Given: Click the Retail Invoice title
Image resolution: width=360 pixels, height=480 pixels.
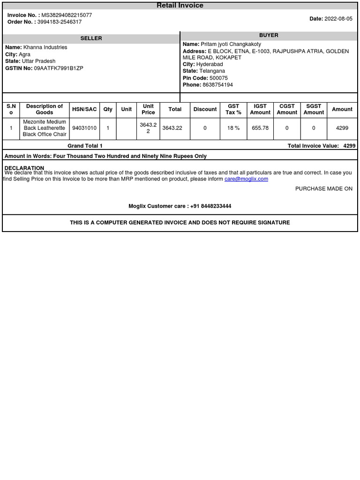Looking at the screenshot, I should click(180, 6).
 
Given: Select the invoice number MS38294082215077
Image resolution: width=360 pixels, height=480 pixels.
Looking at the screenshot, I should click(67, 15).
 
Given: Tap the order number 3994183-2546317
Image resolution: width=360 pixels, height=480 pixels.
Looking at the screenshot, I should click(60, 22).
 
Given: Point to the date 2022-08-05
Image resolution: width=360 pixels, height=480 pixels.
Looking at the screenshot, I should click(338, 19).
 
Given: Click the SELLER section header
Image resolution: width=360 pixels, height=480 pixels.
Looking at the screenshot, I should click(91, 38).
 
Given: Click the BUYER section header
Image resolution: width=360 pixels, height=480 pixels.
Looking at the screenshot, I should click(269, 36).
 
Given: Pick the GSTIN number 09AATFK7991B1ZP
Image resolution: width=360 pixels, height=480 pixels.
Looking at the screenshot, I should click(59, 68).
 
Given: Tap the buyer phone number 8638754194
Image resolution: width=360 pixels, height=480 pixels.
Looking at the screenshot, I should click(217, 85).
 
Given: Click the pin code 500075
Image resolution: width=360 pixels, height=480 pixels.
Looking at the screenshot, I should click(218, 78).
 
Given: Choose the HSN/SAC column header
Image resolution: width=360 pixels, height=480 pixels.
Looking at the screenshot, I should click(84, 109).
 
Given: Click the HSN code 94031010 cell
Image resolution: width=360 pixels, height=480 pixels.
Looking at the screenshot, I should click(84, 128).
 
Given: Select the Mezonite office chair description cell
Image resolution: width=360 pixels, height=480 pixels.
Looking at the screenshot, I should click(45, 128).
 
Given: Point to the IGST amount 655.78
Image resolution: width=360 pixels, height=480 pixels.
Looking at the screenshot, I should click(260, 128).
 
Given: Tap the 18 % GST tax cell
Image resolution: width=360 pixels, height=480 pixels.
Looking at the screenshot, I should click(233, 128).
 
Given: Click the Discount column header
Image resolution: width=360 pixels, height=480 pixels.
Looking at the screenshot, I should click(205, 109).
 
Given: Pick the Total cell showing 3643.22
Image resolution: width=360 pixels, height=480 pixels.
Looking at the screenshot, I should click(172, 128).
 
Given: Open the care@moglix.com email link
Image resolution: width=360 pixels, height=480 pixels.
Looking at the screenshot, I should click(246, 179).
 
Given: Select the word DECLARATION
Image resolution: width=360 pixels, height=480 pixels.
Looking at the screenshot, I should click(24, 168).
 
